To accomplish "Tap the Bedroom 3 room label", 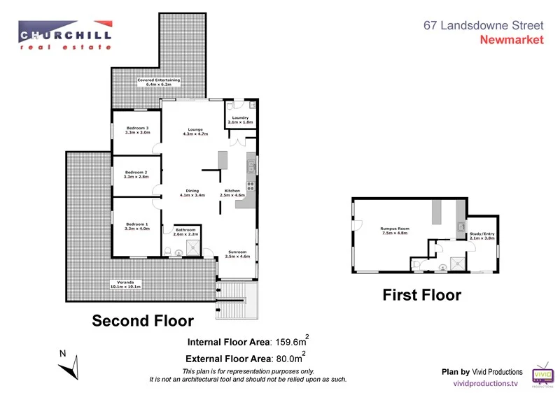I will click(137, 131).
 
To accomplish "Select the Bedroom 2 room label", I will click(136, 175).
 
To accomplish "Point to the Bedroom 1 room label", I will click(137, 226).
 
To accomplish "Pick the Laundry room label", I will click(240, 120).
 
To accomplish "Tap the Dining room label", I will click(192, 193).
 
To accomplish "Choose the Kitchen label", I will click(232, 193).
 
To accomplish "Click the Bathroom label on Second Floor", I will click(185, 232).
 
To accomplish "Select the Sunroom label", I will click(237, 254).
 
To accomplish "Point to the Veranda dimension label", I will click(125, 285).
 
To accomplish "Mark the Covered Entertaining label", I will click(158, 82).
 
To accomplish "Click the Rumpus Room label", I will click(395, 231).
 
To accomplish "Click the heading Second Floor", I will click(143, 321).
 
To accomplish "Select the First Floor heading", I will click(421, 295).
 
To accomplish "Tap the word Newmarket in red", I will click(511, 40).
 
